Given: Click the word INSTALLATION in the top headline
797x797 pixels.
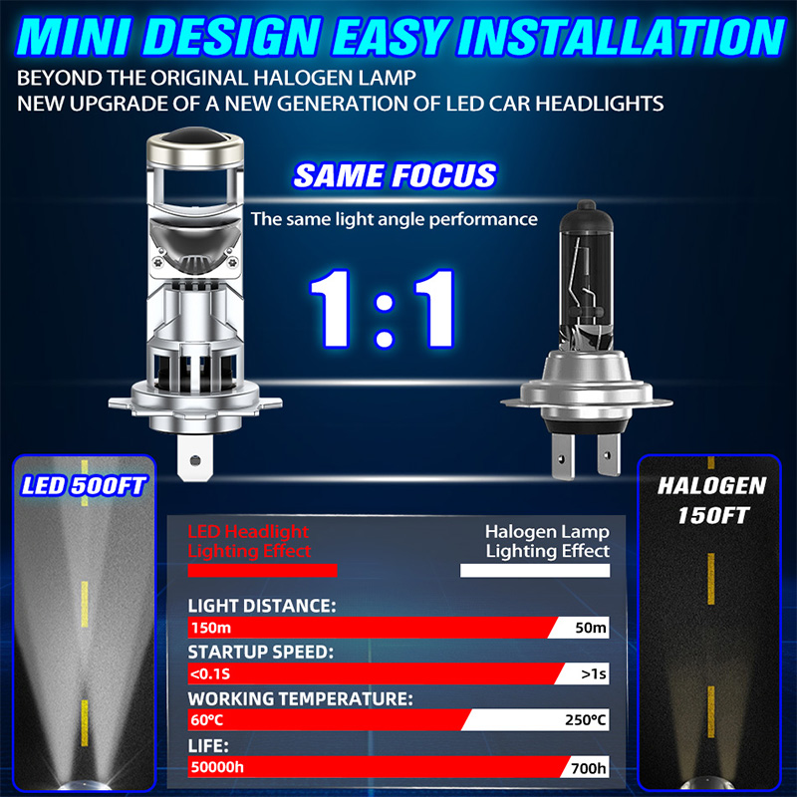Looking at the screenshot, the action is coord(621,36).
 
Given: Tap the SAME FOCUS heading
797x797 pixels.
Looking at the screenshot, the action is coord(395,176).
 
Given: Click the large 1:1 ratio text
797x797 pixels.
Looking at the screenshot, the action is coord(382,309).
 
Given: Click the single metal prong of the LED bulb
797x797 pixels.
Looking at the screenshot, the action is coord(195,458).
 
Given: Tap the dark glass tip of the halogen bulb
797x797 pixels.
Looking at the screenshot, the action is coord(586,207).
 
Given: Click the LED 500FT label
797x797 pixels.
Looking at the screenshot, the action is coord(84,486).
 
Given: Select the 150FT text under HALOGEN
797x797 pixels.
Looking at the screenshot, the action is coord(713,515).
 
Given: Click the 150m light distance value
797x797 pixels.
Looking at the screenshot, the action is coord(211,628).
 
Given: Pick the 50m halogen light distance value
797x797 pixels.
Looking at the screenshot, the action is coord(591,628).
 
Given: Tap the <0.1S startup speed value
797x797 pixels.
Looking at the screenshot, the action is coord(210,674).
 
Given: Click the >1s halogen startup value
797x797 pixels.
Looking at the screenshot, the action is coord(594,674).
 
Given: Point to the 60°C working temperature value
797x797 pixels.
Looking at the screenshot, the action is coord(207,720).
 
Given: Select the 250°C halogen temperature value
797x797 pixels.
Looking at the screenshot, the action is coord(586,720).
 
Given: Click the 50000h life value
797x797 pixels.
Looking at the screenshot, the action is coord(217,767).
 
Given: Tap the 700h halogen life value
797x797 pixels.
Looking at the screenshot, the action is coord(589,768).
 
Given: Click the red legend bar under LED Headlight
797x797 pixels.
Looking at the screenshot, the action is coord(262,570).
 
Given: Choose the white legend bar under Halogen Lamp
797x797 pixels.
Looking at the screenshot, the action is coord(535,570).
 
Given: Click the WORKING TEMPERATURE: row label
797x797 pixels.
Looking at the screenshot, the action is coord(301,699).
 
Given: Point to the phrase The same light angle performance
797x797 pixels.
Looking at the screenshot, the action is coord(394,219).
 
